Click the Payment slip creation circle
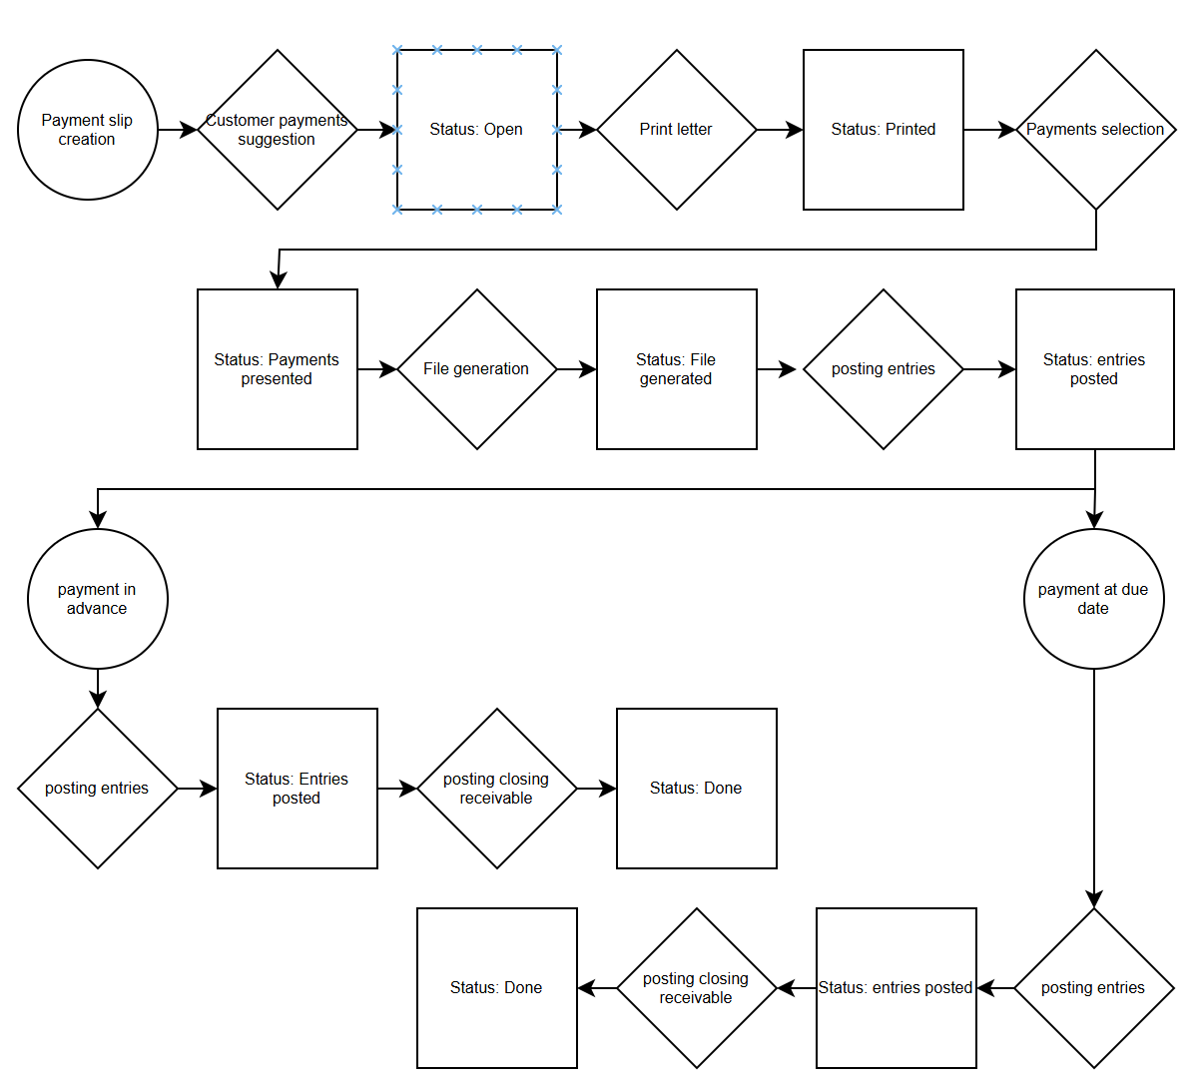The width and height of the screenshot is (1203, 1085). [x=88, y=130]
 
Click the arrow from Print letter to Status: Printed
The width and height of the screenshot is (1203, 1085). [x=780, y=130]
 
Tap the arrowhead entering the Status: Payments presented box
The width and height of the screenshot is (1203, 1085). [x=279, y=279]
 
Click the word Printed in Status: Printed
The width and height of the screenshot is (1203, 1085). [x=910, y=130]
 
